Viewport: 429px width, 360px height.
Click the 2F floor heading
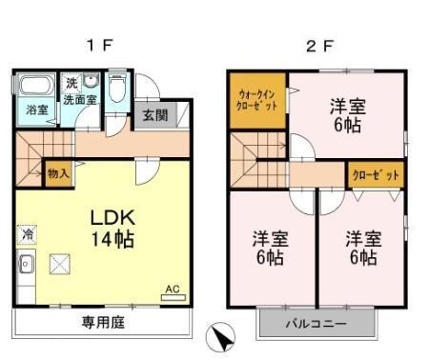click(317, 45)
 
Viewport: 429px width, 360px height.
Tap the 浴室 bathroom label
click(34, 110)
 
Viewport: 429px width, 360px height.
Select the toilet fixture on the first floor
click(115, 91)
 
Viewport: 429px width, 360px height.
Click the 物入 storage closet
click(58, 174)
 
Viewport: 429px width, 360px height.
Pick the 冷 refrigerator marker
click(27, 232)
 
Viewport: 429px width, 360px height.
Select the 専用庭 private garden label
click(100, 321)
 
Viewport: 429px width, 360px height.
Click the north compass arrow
click(220, 337)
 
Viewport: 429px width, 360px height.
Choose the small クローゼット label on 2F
click(374, 175)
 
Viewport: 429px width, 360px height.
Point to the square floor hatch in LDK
click(60, 262)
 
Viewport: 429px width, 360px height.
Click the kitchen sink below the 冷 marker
click(26, 264)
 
